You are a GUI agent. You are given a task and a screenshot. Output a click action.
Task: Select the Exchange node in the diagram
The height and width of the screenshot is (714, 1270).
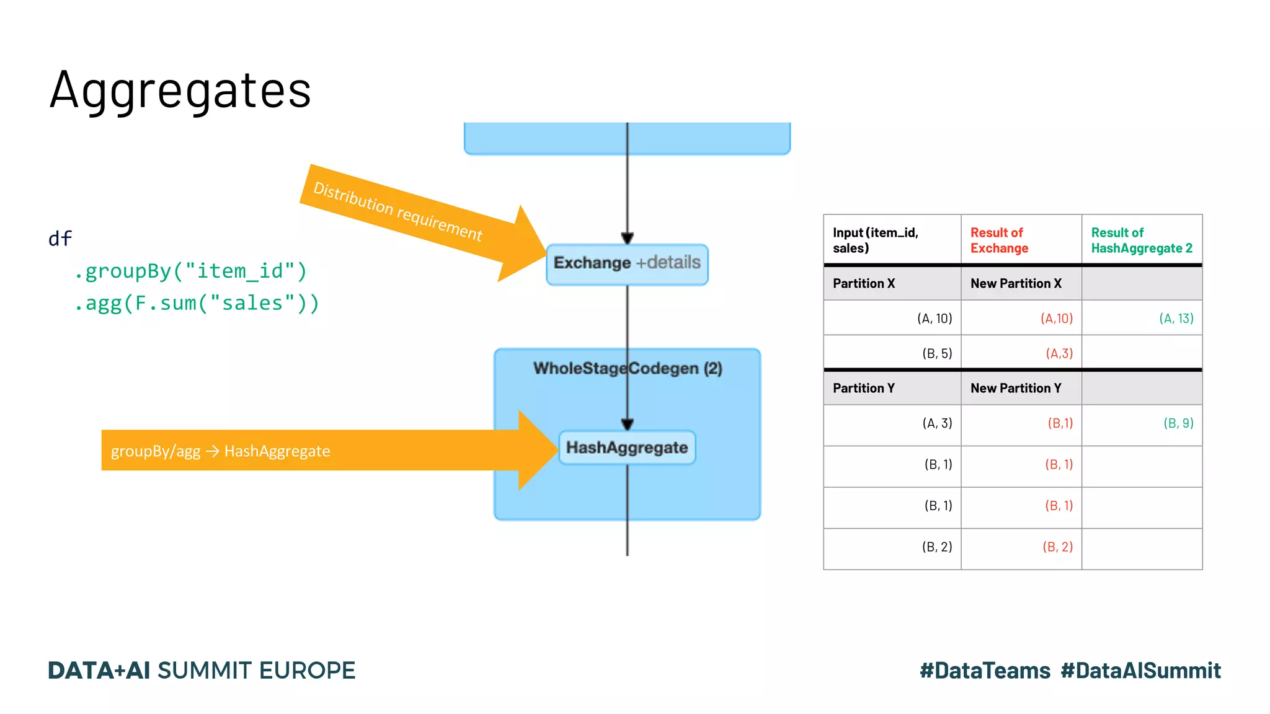(x=626, y=263)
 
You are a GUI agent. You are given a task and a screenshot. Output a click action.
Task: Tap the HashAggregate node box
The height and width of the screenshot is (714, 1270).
(x=627, y=447)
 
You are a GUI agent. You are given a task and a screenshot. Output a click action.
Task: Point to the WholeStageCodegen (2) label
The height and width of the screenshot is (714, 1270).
(x=628, y=369)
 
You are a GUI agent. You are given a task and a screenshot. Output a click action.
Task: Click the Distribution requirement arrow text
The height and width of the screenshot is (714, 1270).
(x=397, y=211)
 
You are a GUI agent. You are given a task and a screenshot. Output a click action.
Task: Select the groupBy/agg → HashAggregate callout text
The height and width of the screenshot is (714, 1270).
(x=220, y=451)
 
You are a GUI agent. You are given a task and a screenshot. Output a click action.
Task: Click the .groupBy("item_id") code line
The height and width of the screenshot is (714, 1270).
(x=190, y=271)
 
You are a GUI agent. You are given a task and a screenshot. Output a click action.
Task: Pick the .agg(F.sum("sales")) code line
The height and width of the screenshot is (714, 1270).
(x=197, y=304)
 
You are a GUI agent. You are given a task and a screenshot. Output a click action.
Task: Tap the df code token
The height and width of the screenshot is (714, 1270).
(x=60, y=239)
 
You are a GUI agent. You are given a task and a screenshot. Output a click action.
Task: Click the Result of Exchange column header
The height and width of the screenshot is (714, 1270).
(x=999, y=240)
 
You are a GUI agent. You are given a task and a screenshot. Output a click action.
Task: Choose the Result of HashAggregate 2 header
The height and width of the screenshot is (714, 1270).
(x=1141, y=240)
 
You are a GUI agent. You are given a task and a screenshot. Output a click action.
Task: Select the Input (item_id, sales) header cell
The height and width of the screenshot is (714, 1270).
(x=875, y=240)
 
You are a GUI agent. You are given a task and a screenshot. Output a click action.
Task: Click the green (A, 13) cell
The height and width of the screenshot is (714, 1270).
(x=1176, y=319)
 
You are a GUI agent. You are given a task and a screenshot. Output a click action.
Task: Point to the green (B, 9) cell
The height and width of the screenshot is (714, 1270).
(x=1178, y=423)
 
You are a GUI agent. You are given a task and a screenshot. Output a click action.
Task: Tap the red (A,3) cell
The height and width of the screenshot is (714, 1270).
(x=1059, y=354)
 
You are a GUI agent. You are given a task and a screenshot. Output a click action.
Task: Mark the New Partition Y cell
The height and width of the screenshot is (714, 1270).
(x=1016, y=389)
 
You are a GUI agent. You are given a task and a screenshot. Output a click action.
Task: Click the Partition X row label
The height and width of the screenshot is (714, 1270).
(x=864, y=284)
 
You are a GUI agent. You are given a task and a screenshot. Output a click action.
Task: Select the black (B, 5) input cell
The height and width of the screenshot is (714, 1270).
(x=936, y=354)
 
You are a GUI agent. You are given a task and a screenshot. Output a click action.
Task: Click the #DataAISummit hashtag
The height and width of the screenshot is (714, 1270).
(x=1140, y=671)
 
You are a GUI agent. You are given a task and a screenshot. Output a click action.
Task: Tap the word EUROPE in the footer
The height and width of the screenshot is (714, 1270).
(x=307, y=671)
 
